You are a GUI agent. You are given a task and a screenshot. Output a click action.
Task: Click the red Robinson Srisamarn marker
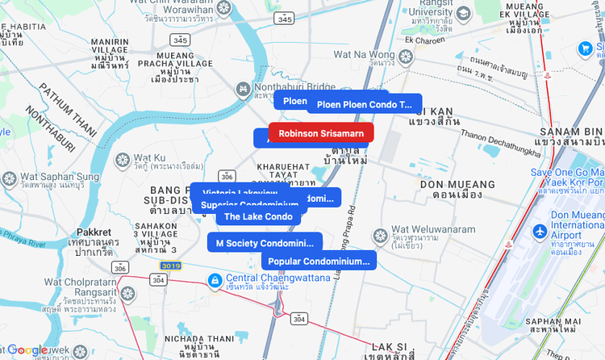pyautogui.click(x=321, y=133)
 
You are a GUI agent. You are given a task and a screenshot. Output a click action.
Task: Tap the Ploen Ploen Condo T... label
pyautogui.click(x=365, y=104)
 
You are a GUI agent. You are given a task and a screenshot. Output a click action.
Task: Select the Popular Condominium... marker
pyautogui.click(x=319, y=261)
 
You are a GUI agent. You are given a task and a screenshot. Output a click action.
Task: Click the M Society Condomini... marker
pyautogui.click(x=265, y=243)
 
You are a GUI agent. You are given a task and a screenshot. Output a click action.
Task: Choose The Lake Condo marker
pyautogui.click(x=258, y=216)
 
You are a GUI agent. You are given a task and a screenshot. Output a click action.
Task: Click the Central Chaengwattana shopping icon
pyautogui.click(x=215, y=280)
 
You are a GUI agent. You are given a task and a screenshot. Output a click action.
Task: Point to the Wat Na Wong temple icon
pyautogui.click(x=405, y=56)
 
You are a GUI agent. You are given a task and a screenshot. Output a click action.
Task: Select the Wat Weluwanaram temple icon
pyautogui.click(x=380, y=235)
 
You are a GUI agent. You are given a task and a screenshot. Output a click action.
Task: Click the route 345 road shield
pyautogui.click(x=181, y=40)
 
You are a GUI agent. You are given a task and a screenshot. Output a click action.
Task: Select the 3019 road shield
pyautogui.click(x=170, y=265)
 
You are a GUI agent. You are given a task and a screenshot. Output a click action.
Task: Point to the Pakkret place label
pyautogui.click(x=94, y=232)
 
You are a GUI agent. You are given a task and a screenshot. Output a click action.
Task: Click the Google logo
pyautogui.click(x=27, y=350)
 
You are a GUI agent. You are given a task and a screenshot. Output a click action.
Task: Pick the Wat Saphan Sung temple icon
pyautogui.click(x=10, y=178)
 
